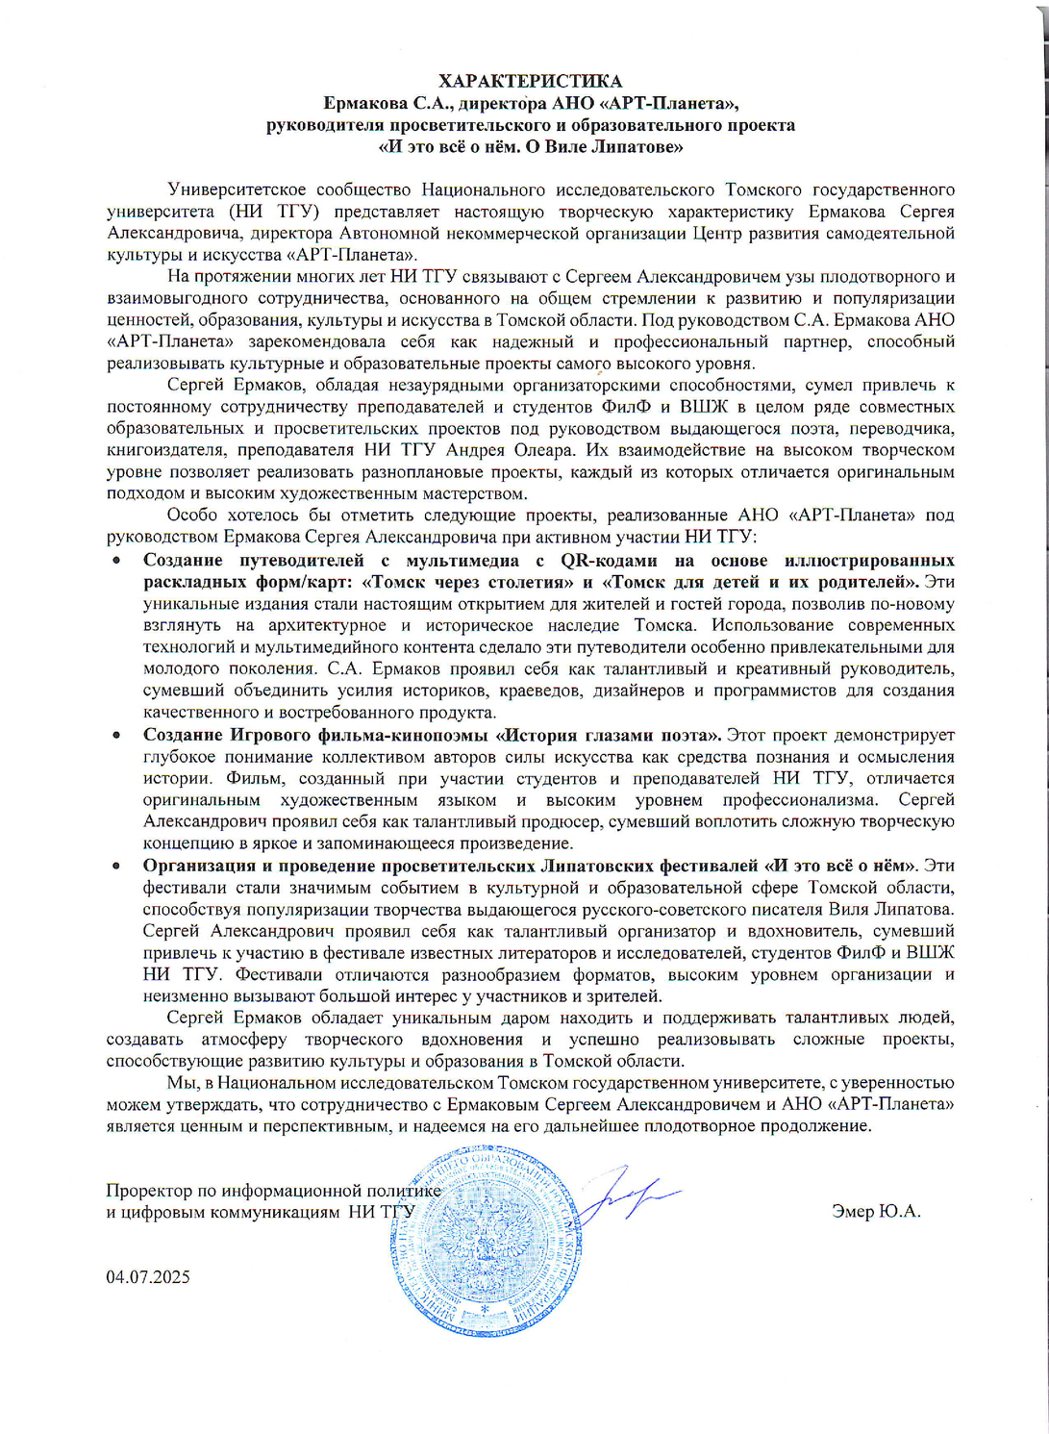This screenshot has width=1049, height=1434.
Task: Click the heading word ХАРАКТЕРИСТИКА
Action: point(530,81)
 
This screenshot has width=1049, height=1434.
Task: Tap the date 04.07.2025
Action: point(148,1277)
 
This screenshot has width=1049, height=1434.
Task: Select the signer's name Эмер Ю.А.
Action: point(876,1211)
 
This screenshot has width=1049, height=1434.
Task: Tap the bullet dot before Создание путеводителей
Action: point(116,561)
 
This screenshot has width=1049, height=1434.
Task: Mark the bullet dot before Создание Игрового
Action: point(116,736)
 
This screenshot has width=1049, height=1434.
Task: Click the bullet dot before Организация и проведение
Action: point(116,866)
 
